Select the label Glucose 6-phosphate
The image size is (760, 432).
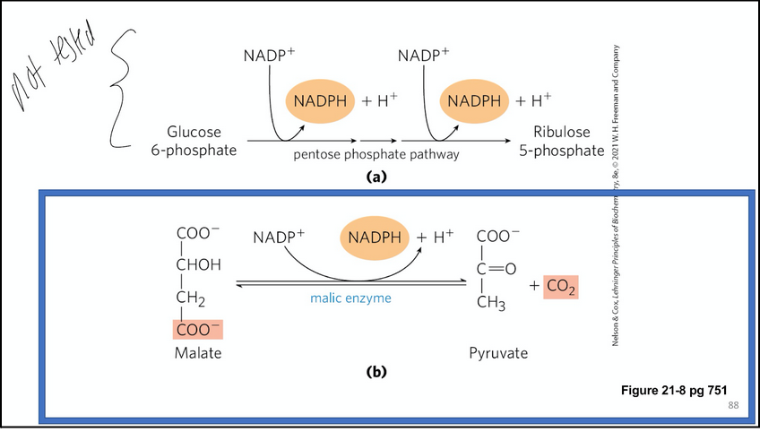click(x=194, y=141)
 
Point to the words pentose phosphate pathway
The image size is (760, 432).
click(x=376, y=155)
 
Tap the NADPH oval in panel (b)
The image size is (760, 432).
click(x=376, y=238)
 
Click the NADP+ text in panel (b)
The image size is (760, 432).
click(x=278, y=238)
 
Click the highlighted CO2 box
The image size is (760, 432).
click(x=561, y=287)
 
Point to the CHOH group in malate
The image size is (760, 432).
click(x=199, y=266)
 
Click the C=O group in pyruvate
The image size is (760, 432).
click(x=499, y=267)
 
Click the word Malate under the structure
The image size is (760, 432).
click(x=197, y=354)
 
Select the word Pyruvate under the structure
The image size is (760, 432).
click(x=498, y=354)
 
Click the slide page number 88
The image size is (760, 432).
click(x=733, y=407)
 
